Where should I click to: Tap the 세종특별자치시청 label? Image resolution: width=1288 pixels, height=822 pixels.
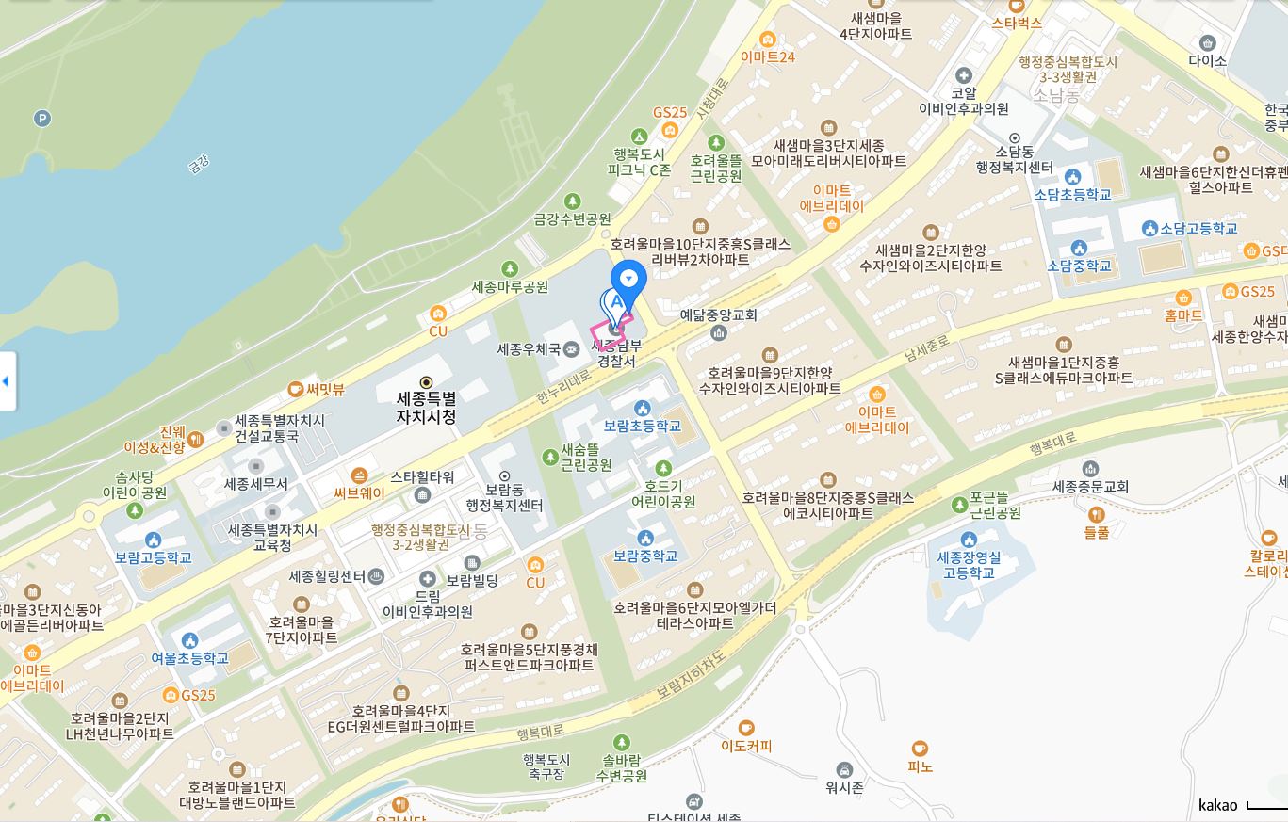(x=426, y=407)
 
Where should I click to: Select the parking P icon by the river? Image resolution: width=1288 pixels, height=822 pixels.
(x=41, y=119)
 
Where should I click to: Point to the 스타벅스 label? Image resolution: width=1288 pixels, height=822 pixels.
(x=1017, y=23)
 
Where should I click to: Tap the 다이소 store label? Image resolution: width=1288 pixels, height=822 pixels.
(x=1207, y=60)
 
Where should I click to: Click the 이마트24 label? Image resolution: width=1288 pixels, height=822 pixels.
(x=767, y=56)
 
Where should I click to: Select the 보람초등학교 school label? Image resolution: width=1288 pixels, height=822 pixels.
(x=643, y=426)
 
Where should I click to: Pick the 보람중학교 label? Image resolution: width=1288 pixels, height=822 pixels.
(x=645, y=556)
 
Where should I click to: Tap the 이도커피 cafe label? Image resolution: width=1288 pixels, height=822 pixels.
(x=746, y=746)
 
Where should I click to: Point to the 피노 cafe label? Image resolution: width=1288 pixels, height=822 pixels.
(x=920, y=766)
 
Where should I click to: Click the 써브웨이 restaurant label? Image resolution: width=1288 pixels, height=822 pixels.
(x=359, y=492)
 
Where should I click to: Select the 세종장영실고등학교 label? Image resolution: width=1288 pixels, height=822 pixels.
(x=969, y=565)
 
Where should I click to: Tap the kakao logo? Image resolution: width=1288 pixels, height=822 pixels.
(x=1217, y=805)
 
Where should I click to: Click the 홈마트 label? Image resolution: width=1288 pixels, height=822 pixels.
(x=1183, y=315)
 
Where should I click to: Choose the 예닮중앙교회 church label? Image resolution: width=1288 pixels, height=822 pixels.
(x=718, y=314)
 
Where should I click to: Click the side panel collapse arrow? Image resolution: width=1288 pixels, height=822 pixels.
(x=7, y=380)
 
